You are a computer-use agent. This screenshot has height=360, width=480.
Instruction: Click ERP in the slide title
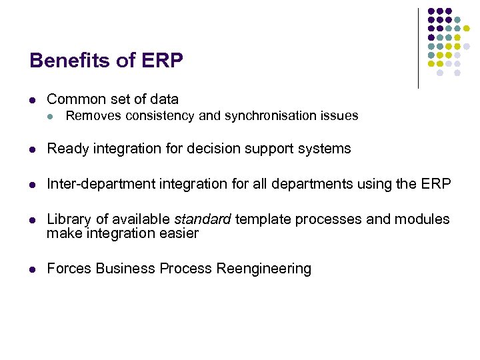(x=161, y=61)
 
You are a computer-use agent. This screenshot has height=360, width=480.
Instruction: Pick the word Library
(x=67, y=219)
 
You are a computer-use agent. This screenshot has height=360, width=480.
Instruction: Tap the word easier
(x=178, y=233)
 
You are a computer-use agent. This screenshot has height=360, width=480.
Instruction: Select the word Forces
(x=69, y=269)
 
